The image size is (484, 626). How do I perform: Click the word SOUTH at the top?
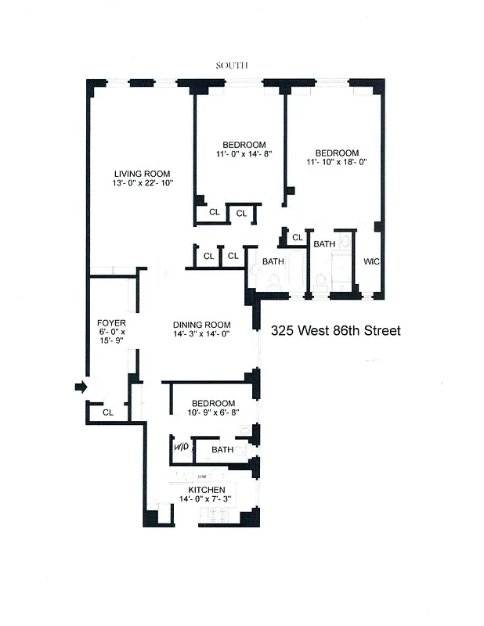(x=232, y=66)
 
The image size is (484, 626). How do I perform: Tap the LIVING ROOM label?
(x=142, y=174)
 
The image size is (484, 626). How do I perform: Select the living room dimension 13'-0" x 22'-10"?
(x=142, y=183)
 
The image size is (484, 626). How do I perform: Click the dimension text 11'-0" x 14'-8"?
(x=244, y=154)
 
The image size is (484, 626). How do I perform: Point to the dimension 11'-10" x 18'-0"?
(x=337, y=163)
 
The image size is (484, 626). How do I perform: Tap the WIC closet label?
(x=371, y=261)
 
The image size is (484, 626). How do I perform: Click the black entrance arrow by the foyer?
(x=81, y=387)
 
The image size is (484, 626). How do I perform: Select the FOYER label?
(x=111, y=322)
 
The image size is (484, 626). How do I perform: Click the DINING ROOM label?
(x=202, y=325)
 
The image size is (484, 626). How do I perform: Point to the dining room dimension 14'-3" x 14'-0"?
(x=202, y=335)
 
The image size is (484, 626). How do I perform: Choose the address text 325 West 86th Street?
(x=335, y=331)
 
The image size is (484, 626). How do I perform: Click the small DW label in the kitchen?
(x=202, y=476)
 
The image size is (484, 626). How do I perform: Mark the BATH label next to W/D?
(x=222, y=450)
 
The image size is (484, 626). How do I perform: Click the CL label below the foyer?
(x=108, y=412)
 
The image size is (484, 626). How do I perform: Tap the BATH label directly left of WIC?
(x=324, y=244)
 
